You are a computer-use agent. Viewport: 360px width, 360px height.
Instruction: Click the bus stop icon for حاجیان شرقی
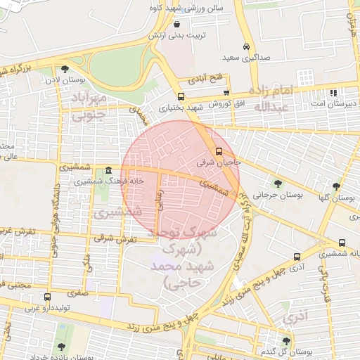click(218, 151)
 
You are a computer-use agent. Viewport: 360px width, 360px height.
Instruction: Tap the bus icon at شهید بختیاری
click(181, 96)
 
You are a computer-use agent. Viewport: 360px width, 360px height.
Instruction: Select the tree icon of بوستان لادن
click(65, 70)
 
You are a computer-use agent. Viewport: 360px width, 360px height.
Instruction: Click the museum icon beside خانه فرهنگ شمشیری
click(108, 170)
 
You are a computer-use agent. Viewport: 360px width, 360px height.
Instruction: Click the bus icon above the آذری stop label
click(297, 257)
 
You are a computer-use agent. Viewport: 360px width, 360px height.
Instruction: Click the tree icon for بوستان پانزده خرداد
click(62, 347)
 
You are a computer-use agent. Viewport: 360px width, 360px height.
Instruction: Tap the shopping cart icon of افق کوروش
click(226, 93)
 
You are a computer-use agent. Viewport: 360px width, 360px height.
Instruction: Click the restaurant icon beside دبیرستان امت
click(333, 92)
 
